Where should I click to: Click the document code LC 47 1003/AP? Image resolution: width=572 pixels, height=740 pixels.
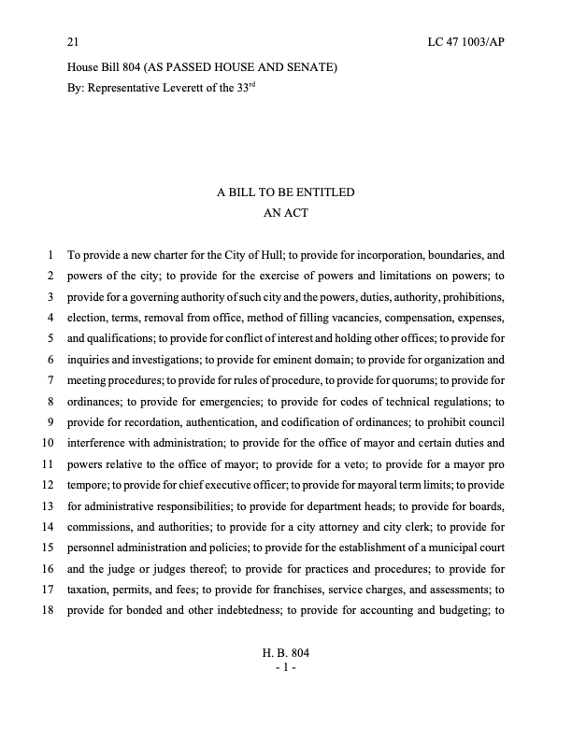click(x=465, y=43)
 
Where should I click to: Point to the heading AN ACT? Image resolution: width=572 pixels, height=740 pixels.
click(x=286, y=213)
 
